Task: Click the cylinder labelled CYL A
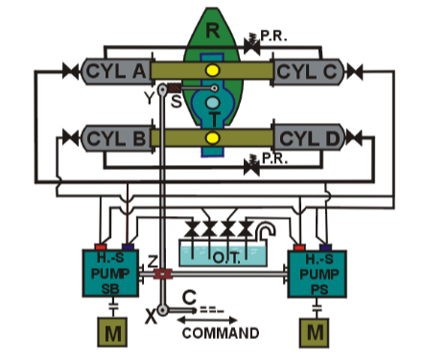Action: pyautogui.click(x=115, y=71)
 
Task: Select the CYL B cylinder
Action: pyautogui.click(x=115, y=138)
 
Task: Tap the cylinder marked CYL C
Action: pyautogui.click(x=309, y=71)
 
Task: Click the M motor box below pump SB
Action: pyautogui.click(x=113, y=334)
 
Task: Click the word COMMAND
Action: pyautogui.click(x=220, y=334)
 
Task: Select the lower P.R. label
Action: pyautogui.click(x=276, y=158)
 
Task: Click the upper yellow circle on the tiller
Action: pyautogui.click(x=212, y=71)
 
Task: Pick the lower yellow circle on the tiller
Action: pyautogui.click(x=212, y=138)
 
